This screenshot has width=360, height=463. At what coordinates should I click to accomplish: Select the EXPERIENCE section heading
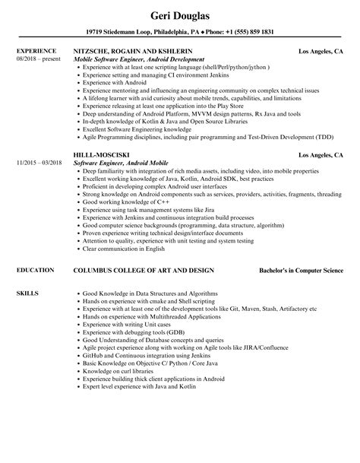coord(35,51)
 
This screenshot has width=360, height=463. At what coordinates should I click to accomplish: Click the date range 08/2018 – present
coord(37,59)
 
